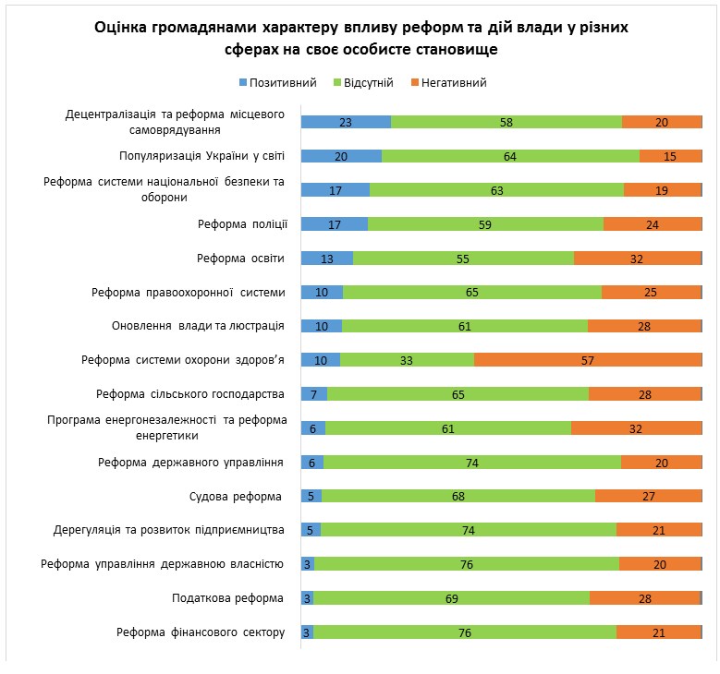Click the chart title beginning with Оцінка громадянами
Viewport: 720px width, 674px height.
pos(360,38)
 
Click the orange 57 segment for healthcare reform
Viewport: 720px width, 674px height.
pos(588,360)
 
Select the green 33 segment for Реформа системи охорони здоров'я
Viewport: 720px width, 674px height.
pos(407,360)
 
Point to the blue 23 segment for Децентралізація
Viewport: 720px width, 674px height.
pos(346,122)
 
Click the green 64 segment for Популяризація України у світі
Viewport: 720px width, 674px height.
pos(510,156)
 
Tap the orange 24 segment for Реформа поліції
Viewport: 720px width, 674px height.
pos(653,224)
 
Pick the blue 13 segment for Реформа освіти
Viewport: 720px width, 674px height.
pos(327,259)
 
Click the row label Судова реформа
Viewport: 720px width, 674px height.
pos(237,497)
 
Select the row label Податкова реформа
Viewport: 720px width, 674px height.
pos(229,598)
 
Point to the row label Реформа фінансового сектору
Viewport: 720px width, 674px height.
pos(201,632)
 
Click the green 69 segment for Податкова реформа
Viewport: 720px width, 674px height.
pos(452,598)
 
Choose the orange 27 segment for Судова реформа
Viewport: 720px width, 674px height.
pos(648,497)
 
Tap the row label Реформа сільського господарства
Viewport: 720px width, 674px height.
pos(190,394)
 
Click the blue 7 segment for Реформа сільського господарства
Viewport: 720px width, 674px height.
pos(314,394)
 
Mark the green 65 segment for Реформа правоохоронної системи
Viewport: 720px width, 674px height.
pos(472,293)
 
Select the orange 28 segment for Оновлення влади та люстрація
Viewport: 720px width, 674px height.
pos(644,326)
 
